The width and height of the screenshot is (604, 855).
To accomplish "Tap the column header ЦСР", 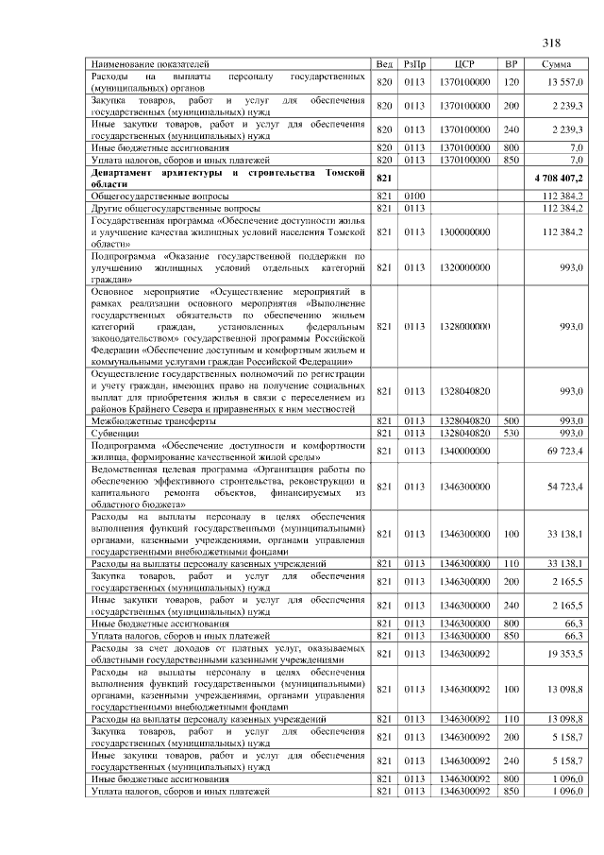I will tap(463, 63).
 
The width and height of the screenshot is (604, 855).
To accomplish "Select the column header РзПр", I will tap(414, 63).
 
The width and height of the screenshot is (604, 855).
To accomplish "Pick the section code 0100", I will tap(414, 196).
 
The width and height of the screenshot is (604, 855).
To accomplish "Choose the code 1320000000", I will tap(463, 267).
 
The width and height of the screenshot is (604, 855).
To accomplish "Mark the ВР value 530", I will tap(511, 433).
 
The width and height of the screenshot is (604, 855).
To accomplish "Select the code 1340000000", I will tap(463, 451).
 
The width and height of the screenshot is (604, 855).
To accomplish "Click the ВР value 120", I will tap(511, 81).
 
